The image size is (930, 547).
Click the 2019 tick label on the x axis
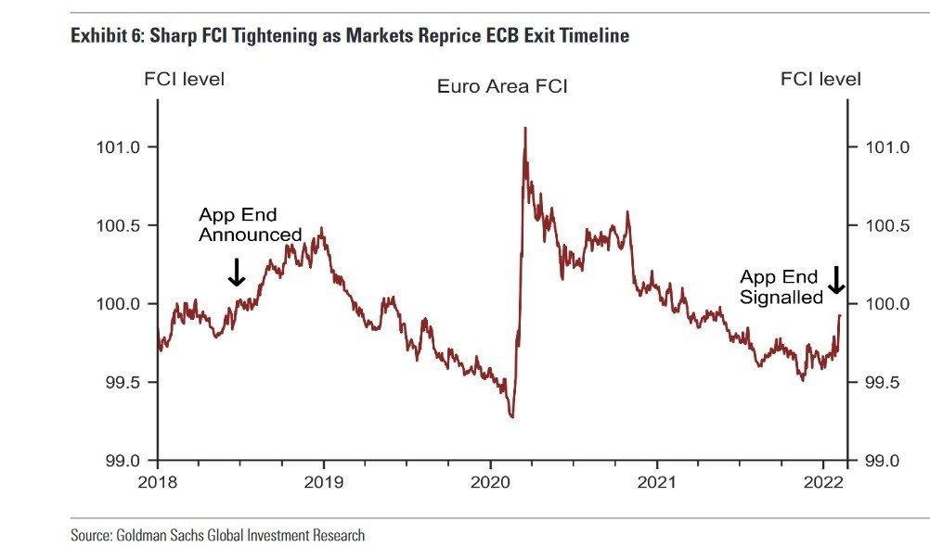323,482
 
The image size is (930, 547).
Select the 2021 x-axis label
656,482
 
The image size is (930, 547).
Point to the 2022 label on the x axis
823,482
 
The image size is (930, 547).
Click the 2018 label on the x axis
157,482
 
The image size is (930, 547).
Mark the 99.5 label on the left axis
118,383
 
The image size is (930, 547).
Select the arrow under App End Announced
236,272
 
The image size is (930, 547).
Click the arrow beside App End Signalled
836,279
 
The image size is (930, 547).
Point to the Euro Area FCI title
502,87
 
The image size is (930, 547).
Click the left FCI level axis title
184,80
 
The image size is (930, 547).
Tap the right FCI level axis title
820,80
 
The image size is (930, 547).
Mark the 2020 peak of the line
525,128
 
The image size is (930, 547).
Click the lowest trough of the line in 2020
511,417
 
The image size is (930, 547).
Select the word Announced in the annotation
251,235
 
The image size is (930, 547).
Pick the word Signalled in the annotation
781,298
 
